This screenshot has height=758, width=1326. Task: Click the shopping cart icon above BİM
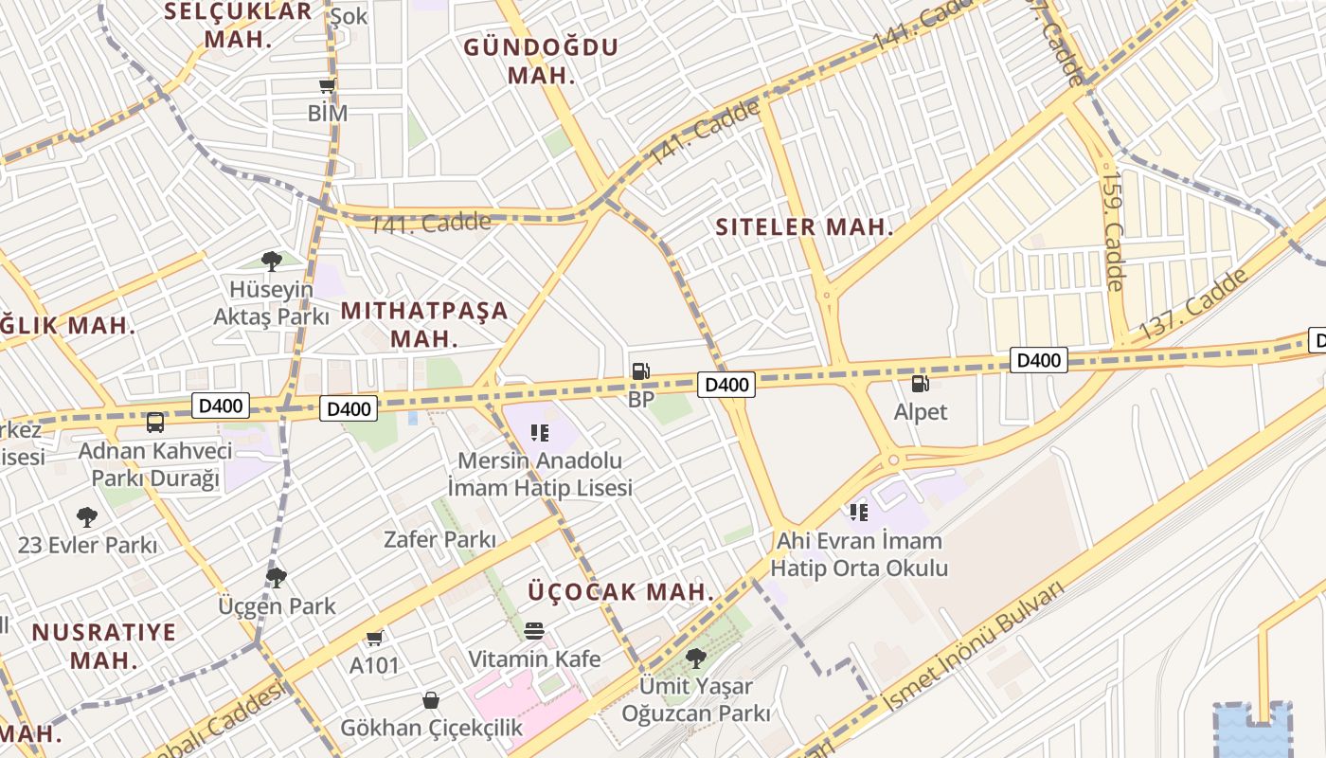pos(328,86)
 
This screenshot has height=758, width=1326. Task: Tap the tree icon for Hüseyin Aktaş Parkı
pos(272,260)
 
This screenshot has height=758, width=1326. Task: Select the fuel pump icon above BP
pos(641,371)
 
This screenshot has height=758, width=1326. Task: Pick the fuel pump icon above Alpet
pos(920,384)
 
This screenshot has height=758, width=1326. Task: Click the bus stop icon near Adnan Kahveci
pos(155,422)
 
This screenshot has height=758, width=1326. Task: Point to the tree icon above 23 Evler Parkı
pos(87,516)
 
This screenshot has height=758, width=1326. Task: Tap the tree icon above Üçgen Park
pos(277,577)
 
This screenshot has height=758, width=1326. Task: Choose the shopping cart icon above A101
pos(375,638)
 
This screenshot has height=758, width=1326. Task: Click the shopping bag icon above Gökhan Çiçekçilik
pos(431,700)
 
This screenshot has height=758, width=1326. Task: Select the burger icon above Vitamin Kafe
pos(534,631)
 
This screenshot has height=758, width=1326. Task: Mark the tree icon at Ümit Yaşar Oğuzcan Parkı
pos(696,658)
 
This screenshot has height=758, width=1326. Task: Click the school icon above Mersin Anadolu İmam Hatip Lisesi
pos(540,433)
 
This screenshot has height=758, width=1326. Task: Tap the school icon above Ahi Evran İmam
pos(859,513)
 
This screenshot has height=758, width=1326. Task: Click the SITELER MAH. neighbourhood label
pos(805,227)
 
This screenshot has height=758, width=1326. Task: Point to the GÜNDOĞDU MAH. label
pos(541,61)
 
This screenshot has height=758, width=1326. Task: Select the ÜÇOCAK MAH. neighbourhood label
pos(620,592)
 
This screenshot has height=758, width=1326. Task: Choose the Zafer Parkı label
pos(439,540)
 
